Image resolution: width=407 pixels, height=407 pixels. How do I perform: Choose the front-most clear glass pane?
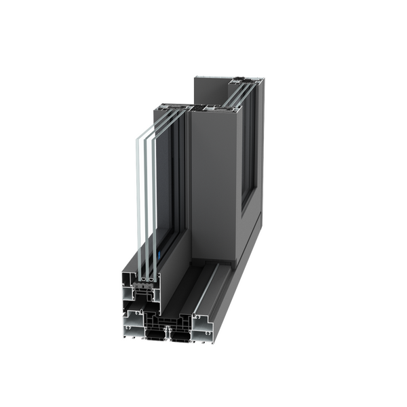138,203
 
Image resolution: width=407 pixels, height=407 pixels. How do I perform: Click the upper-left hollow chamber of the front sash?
130,285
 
